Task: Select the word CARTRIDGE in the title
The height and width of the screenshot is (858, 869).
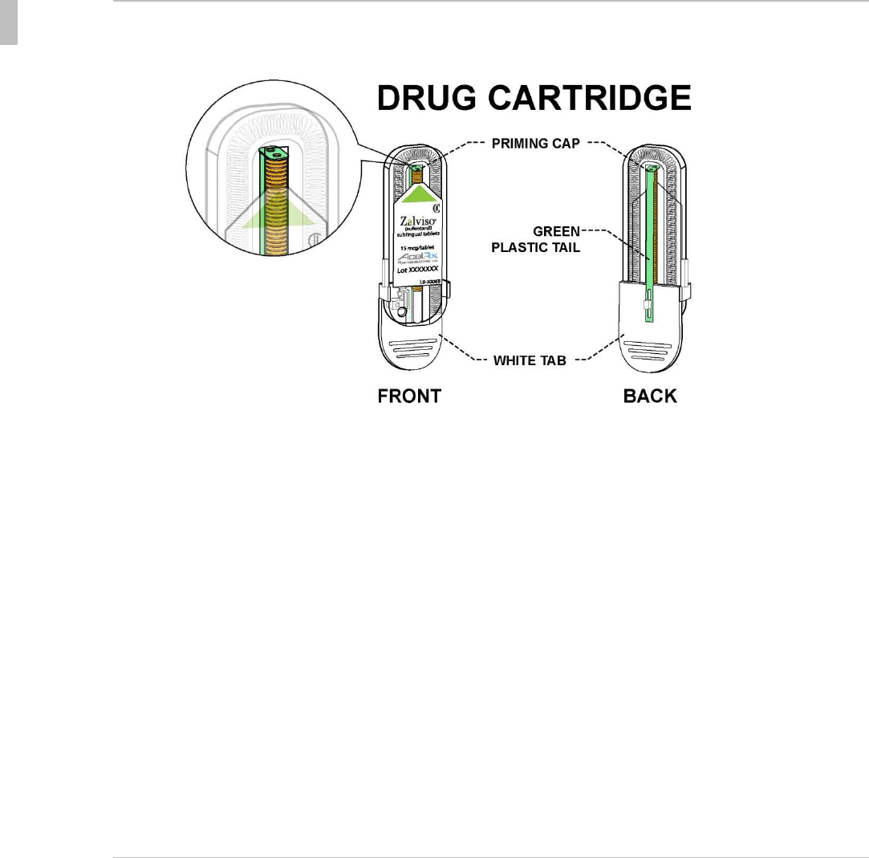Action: (599, 100)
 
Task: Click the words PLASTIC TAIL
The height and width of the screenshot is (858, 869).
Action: (534, 247)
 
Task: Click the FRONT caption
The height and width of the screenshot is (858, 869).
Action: (409, 396)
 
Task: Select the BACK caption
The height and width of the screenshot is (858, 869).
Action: (650, 396)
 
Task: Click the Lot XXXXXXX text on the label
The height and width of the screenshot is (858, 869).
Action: (410, 271)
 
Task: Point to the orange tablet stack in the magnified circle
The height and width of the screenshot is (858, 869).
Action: (277, 209)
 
